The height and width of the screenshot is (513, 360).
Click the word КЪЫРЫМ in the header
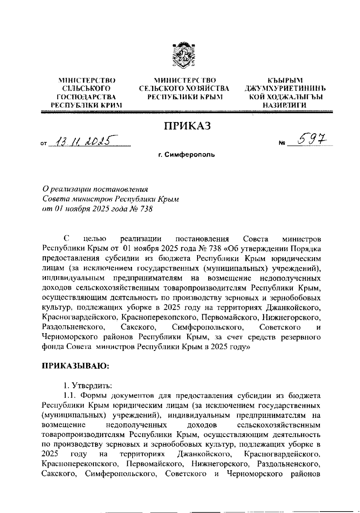pyautogui.click(x=285, y=80)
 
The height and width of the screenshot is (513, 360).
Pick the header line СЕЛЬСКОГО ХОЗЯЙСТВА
pyautogui.click(x=184, y=89)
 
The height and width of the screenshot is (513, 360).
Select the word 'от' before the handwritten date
pyautogui.click(x=44, y=144)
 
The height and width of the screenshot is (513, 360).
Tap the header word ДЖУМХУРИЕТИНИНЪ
pyautogui.click(x=285, y=89)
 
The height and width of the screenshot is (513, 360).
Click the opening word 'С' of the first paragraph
pyautogui.click(x=66, y=239)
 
